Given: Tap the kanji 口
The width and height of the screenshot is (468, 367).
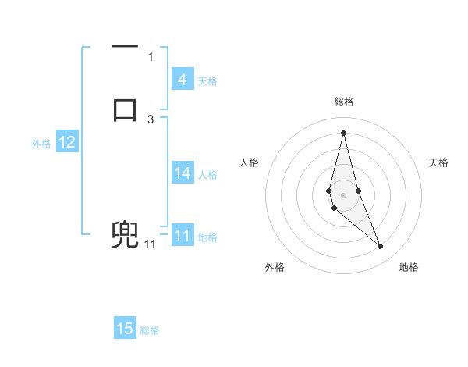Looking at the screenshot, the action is tap(125, 109).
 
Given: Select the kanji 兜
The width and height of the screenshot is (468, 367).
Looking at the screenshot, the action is tap(125, 235).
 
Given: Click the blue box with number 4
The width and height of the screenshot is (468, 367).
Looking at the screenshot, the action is tap(182, 80).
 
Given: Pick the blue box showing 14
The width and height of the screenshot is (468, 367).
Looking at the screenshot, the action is tap(182, 173).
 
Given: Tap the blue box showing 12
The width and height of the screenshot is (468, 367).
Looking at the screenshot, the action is tap(66, 142).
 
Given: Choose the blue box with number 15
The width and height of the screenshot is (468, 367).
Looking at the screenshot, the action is tap(125, 329).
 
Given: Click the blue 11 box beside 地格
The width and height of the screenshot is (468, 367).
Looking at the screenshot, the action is tap(182, 236).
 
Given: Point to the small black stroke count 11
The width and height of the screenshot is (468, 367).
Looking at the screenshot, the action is tap(150, 244).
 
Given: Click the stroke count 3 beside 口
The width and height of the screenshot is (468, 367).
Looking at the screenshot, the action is tap(151, 119).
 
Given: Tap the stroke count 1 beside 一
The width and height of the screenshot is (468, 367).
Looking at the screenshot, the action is tap(151, 56).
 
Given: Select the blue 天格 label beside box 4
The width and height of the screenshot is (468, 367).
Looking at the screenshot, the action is tap(207, 80).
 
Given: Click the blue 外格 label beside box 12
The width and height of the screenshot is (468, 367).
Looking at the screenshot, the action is tap(41, 143).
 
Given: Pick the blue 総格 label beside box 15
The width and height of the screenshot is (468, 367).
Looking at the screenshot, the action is tap(150, 330).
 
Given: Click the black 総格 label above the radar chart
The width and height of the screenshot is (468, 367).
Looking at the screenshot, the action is tap(343, 102).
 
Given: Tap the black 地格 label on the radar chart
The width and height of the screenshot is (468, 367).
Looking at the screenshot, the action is tap(409, 267).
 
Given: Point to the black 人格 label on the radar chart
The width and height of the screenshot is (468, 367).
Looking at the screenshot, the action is tap(250, 162).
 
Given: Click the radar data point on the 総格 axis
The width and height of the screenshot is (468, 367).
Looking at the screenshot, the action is tap(343, 132).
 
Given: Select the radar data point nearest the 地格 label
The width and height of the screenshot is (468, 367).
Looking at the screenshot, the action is tap(381, 247).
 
